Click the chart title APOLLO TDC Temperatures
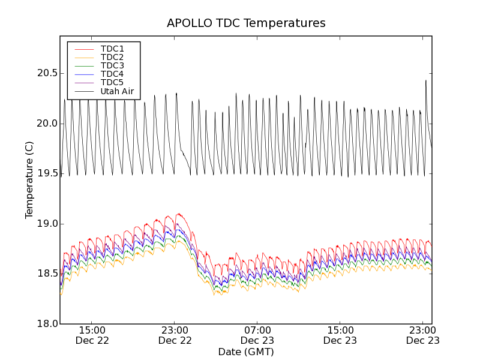(246, 23)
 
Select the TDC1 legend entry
(112, 49)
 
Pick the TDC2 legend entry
(112, 57)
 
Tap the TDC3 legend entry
(112, 65)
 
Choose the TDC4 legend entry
(112, 74)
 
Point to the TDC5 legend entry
(112, 82)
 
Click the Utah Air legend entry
(116, 91)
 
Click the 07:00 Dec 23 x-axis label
(257, 335)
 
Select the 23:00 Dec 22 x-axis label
(175, 335)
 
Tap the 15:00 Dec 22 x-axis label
(92, 335)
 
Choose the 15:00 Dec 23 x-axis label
(340, 335)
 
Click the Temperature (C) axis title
(29, 180)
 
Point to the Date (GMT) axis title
(246, 352)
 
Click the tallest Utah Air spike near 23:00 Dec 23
(426, 81)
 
